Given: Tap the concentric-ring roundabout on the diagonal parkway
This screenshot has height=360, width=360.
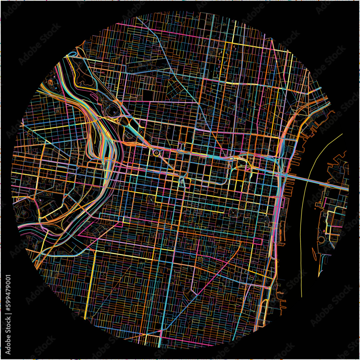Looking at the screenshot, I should click(157, 153).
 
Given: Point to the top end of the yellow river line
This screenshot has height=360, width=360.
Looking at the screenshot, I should click(342, 134).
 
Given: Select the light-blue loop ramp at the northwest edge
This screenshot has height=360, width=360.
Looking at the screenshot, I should click(71, 55).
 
